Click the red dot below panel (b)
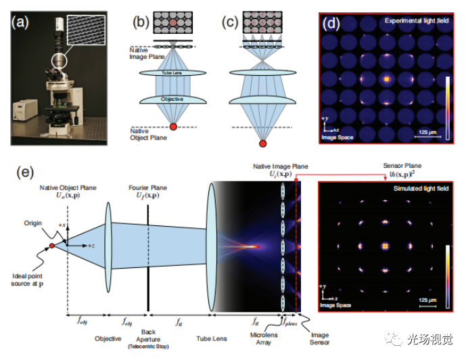174,127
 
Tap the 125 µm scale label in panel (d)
425,130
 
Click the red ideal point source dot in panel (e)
52,244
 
